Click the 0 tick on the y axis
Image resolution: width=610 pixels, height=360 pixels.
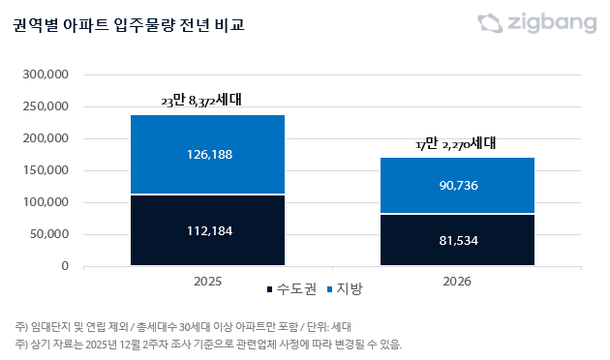[x=64, y=265]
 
